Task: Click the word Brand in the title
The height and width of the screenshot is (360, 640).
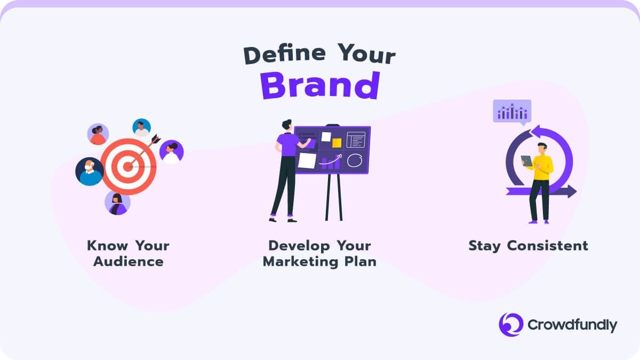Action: [x=320, y=85]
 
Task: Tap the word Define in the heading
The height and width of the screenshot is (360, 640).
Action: [x=285, y=54]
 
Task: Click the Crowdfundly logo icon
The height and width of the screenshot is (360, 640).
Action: [x=511, y=325]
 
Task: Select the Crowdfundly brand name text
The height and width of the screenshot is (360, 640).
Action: [x=572, y=325]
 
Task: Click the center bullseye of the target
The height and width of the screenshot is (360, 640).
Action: [x=128, y=167]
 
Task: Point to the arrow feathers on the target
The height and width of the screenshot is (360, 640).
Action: [x=155, y=139]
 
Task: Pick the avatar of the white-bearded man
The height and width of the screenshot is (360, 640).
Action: [x=90, y=171]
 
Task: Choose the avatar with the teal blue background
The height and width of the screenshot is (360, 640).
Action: [x=142, y=127]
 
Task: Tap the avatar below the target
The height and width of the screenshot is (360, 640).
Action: [x=117, y=203]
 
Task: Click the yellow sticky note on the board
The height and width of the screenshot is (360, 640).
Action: [x=337, y=143]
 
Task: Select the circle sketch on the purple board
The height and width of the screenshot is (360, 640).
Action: [x=355, y=161]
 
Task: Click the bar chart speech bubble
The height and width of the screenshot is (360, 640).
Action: [x=512, y=112]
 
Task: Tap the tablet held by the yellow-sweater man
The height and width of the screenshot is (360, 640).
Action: [x=526, y=161]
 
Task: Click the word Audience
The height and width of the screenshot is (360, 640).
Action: [x=129, y=261]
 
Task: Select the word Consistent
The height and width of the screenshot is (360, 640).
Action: [x=547, y=246]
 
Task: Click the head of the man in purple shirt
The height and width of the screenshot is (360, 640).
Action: [x=287, y=125]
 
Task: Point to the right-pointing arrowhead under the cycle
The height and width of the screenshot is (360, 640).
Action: [x=572, y=191]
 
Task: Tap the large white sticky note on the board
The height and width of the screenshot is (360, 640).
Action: [x=307, y=161]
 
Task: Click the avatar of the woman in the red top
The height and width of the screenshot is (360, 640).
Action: [x=98, y=134]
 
